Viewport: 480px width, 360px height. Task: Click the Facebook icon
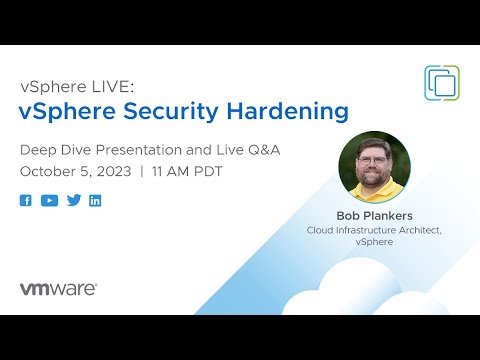[26, 200]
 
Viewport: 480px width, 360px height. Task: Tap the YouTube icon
[49, 200]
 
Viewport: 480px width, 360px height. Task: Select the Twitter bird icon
[73, 200]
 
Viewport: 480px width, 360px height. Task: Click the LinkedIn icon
[95, 200]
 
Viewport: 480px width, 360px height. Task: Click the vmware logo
[58, 288]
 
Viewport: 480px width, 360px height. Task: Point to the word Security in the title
[181, 110]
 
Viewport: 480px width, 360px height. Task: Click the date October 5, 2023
[76, 171]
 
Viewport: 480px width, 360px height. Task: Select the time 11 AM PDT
[186, 171]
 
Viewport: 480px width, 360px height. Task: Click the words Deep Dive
[53, 149]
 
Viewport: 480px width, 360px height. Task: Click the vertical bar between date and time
[142, 171]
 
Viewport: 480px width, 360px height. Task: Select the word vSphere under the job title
[375, 242]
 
